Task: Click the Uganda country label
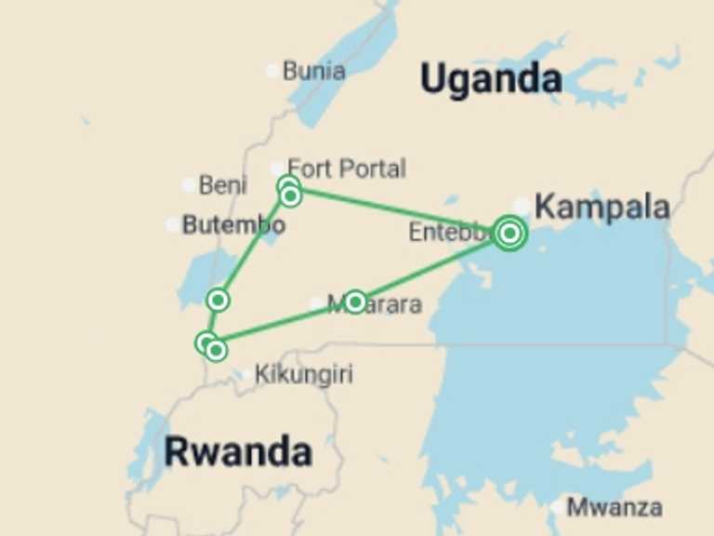coord(490,80)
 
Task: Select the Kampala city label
coord(602,208)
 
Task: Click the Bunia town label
coord(313,71)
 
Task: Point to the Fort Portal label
coord(346,169)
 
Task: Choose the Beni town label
coord(222,185)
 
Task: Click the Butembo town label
coord(233,224)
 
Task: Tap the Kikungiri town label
coord(303,375)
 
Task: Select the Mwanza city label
coord(614,507)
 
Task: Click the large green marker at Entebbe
coord(509,233)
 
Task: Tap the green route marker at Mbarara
coord(354,301)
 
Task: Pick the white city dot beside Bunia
coord(271,71)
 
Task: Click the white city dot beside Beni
coord(189,185)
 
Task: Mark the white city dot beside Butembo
coord(172,225)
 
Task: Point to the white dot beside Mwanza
coord(556,507)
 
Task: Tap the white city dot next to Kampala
coord(522,206)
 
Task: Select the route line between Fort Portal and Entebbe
coord(400,210)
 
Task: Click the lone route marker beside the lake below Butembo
coord(218,300)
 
